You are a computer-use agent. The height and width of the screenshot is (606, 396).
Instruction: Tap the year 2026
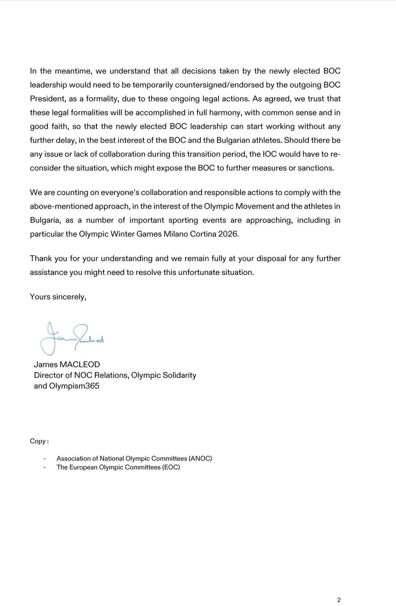tap(228, 234)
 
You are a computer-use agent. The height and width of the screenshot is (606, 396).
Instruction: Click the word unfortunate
tap(199, 273)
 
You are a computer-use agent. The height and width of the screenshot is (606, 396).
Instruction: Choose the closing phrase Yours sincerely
tap(58, 297)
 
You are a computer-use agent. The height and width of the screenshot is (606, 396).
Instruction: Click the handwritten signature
tap(72, 337)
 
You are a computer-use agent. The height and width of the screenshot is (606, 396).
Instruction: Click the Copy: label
tap(39, 441)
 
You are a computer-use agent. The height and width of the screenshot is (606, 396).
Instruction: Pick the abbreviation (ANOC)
tap(200, 458)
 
